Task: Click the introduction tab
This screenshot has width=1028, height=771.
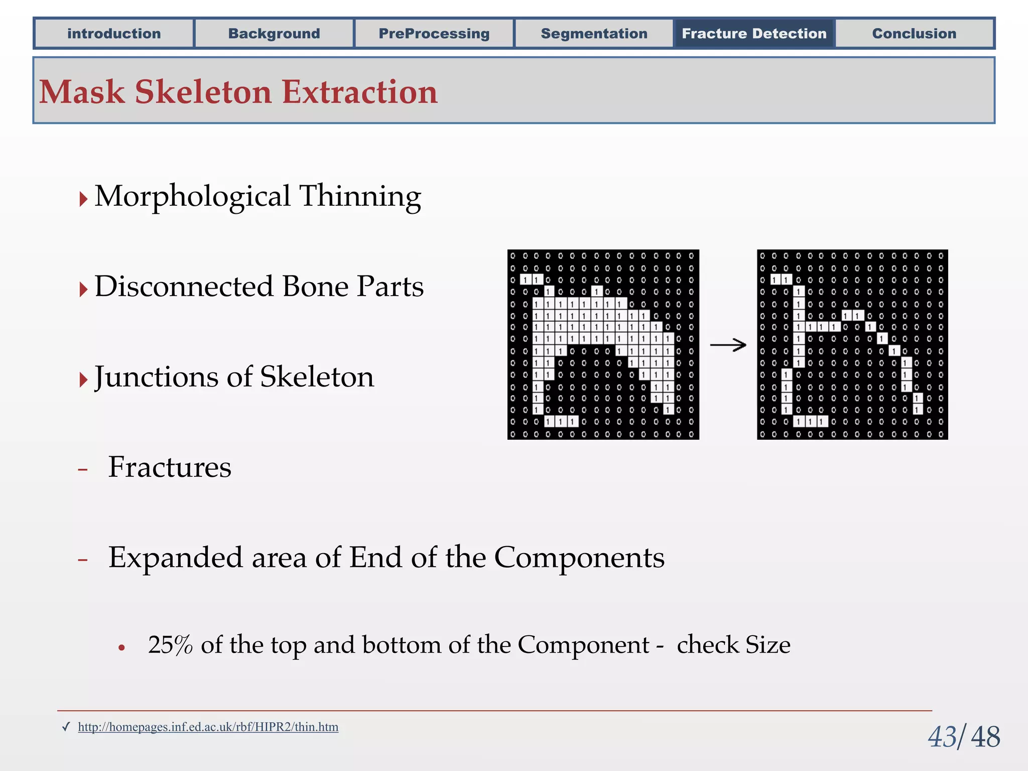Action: tap(114, 34)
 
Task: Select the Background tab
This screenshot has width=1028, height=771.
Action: tap(274, 34)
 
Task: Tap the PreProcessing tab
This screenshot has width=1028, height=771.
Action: tap(434, 34)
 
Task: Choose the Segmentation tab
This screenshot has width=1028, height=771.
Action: tap(594, 34)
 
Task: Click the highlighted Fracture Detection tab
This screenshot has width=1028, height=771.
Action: tap(754, 34)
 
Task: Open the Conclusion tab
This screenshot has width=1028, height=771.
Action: tap(914, 34)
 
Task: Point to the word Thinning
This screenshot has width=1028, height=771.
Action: tap(360, 196)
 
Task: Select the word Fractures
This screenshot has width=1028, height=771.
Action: tap(170, 467)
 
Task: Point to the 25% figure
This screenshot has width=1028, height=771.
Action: tap(170, 645)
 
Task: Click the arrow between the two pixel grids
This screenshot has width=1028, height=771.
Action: tap(728, 345)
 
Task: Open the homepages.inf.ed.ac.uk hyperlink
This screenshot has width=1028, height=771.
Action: tap(208, 727)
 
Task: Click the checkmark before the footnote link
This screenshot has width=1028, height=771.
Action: tap(66, 727)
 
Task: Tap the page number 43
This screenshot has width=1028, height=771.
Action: tap(942, 737)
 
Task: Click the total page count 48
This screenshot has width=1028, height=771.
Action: tap(985, 737)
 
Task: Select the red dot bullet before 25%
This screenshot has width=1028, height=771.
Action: tap(121, 648)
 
